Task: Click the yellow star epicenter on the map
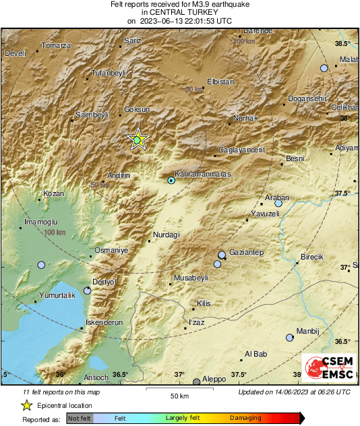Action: pyautogui.click(x=138, y=140)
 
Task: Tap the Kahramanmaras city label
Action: pyautogui.click(x=203, y=173)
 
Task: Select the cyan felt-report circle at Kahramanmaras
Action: pyautogui.click(x=171, y=180)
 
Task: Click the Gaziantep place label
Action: pyautogui.click(x=246, y=252)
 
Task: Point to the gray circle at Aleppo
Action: pyautogui.click(x=196, y=382)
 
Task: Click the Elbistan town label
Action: pyautogui.click(x=220, y=82)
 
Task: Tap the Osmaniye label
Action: pyautogui.click(x=111, y=250)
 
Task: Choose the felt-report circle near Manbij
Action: pyautogui.click(x=290, y=337)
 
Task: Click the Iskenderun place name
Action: pyautogui.click(x=104, y=323)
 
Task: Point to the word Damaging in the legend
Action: pyautogui.click(x=246, y=418)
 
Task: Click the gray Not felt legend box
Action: pyautogui.click(x=80, y=419)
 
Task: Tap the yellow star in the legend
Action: pyautogui.click(x=26, y=405)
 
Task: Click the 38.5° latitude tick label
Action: pyautogui.click(x=342, y=44)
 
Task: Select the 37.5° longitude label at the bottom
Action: pyautogui.click(x=239, y=375)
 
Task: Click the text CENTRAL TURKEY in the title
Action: pyautogui.click(x=179, y=12)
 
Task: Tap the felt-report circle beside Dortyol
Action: pyautogui.click(x=87, y=291)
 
